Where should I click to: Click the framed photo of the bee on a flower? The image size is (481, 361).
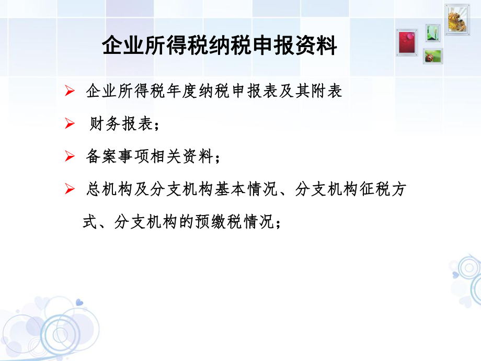[x=457, y=19]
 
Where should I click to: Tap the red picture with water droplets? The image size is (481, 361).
[x=406, y=42]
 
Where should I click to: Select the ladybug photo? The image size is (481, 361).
[x=433, y=56]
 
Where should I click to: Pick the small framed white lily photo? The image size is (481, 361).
[x=432, y=33]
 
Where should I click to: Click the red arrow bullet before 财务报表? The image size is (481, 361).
[x=69, y=124]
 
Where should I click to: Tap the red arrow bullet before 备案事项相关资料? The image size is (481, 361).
[x=69, y=157]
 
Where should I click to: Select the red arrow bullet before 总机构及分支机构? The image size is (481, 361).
[x=69, y=190]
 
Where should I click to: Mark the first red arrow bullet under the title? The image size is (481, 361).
[x=69, y=92]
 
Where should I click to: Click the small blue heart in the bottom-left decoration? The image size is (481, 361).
[x=79, y=302]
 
